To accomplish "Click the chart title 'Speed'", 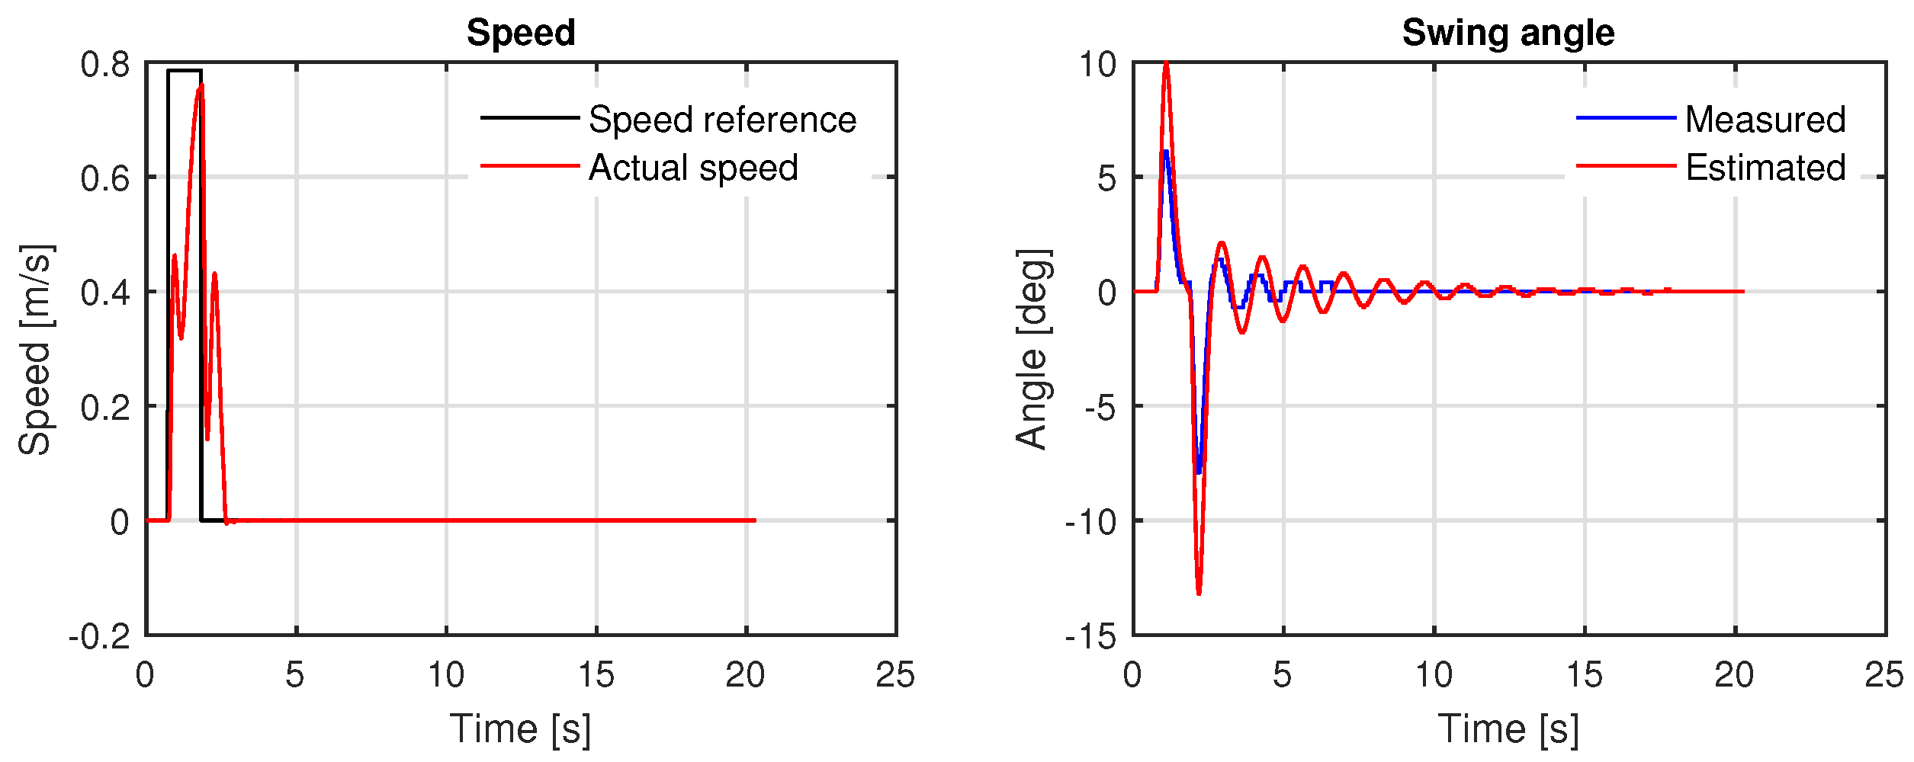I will [x=521, y=33].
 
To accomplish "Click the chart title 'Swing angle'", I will [x=1508, y=33].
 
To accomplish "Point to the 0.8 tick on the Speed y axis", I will [x=105, y=65].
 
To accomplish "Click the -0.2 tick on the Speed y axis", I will [x=100, y=636].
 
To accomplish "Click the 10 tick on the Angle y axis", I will [x=1097, y=65].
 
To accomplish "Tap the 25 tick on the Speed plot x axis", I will [x=895, y=675].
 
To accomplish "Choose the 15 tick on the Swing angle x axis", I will [x=1584, y=675].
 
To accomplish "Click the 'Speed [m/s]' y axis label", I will [x=35, y=350].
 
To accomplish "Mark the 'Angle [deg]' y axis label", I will [x=1032, y=350].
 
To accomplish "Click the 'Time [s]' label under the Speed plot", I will [x=520, y=729].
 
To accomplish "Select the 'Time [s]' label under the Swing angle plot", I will [x=1508, y=729].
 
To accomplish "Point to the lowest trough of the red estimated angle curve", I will [x=1199, y=593].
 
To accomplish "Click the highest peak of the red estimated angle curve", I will [x=1166, y=64].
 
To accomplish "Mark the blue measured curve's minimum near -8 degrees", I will [x=1199, y=472].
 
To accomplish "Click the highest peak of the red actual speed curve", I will [x=201, y=85].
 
